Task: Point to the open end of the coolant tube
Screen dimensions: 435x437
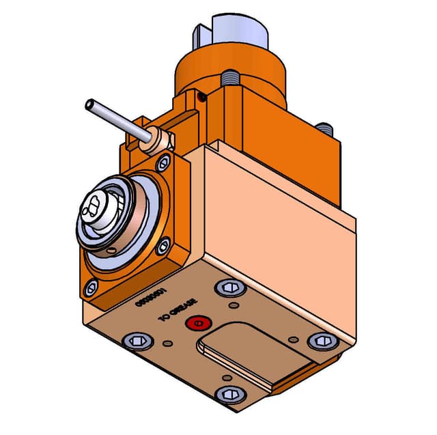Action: click(x=89, y=105)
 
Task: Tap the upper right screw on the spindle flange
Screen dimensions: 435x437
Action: click(x=163, y=163)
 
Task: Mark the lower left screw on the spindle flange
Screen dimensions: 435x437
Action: click(x=91, y=290)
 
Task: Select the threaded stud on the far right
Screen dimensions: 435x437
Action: click(x=328, y=128)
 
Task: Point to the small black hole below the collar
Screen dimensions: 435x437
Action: click(x=201, y=98)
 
